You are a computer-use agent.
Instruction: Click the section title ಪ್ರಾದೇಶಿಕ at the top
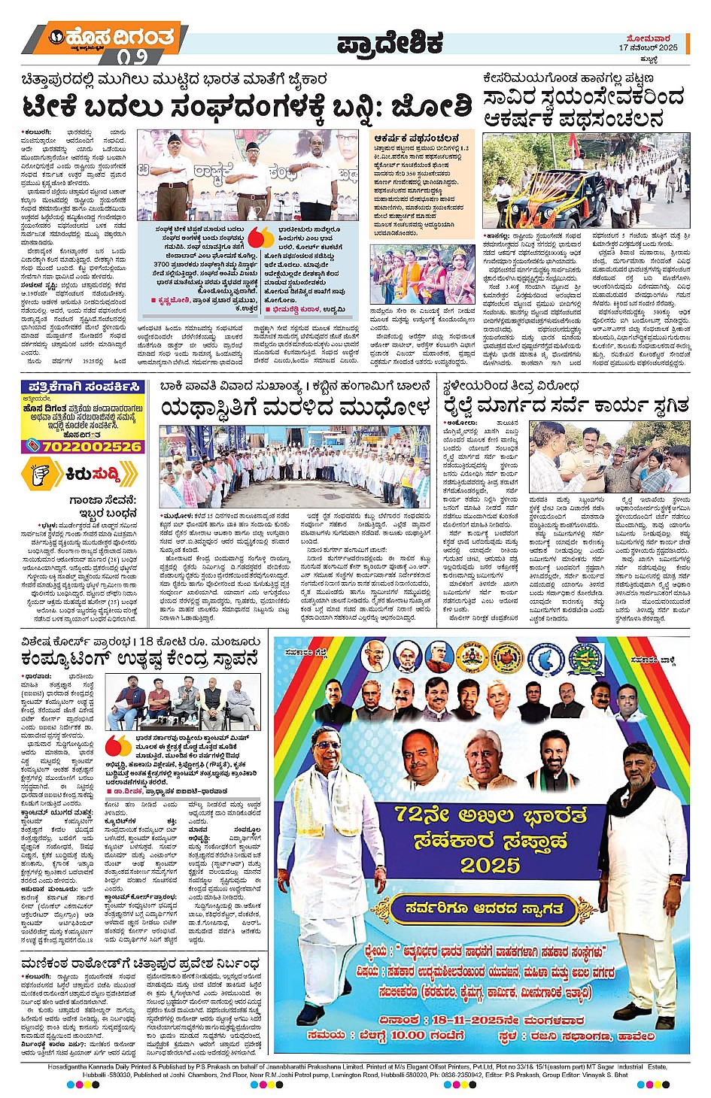(x=389, y=44)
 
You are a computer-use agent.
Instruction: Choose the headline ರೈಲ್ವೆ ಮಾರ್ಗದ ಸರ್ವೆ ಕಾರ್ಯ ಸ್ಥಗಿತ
(x=565, y=406)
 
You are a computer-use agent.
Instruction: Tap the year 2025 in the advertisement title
(x=490, y=865)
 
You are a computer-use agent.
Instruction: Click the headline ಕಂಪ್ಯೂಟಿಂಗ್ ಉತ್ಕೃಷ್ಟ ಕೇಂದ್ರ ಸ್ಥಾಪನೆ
(x=140, y=658)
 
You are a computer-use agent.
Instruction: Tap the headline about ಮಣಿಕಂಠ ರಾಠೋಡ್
(x=140, y=963)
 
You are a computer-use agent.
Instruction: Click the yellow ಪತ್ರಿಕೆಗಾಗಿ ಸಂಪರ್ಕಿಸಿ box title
(x=82, y=387)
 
